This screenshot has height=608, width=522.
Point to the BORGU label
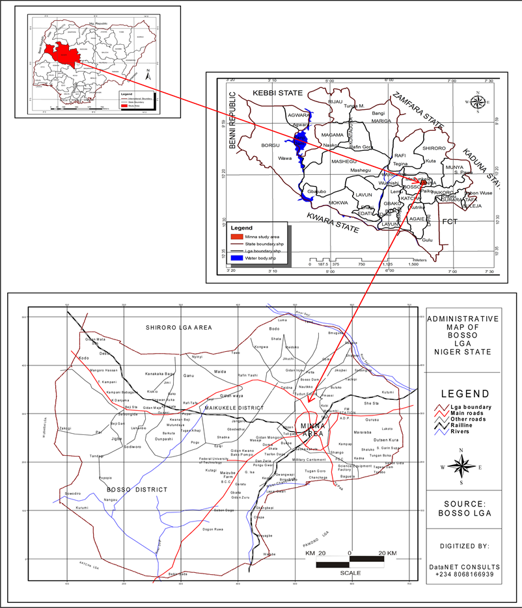pyautogui.click(x=270, y=145)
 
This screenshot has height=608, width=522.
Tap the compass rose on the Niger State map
pyautogui.click(x=479, y=101)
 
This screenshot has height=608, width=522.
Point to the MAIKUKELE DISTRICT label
pyautogui.click(x=224, y=408)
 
